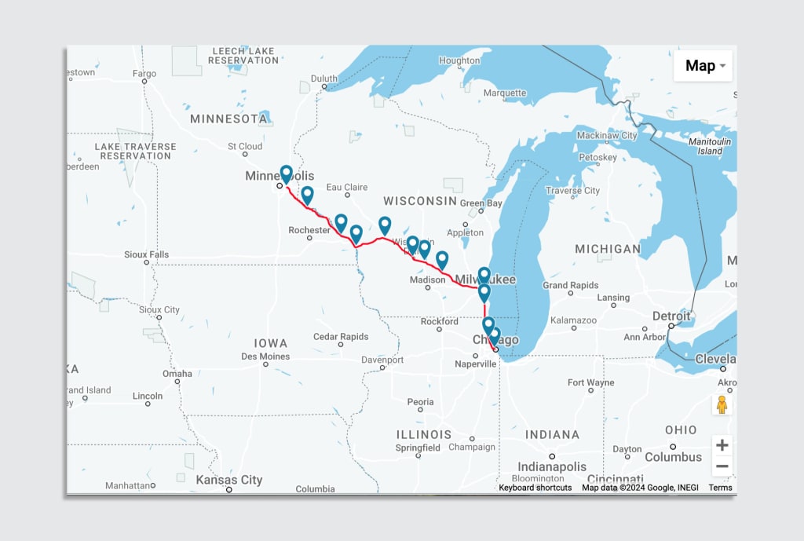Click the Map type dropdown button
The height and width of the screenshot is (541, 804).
703,66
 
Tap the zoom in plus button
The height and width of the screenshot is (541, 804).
722,445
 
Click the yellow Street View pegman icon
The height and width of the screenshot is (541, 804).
722,404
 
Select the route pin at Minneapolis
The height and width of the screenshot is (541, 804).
286,174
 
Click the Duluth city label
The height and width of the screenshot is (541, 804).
323,79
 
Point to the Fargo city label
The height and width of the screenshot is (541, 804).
144,74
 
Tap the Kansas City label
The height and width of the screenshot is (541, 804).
229,480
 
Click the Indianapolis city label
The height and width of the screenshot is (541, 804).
551,466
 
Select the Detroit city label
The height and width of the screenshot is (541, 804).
671,316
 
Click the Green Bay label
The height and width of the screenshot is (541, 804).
481,203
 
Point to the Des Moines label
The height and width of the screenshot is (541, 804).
265,356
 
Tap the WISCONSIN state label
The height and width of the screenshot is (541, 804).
420,201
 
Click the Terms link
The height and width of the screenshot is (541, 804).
720,488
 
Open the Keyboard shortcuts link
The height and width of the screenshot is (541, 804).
535,488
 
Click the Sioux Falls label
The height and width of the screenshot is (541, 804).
146,255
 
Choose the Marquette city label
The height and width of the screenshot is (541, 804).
505,93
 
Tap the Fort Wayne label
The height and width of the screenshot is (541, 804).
590,383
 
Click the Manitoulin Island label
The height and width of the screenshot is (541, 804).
710,146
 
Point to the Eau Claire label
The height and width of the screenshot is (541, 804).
347,188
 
